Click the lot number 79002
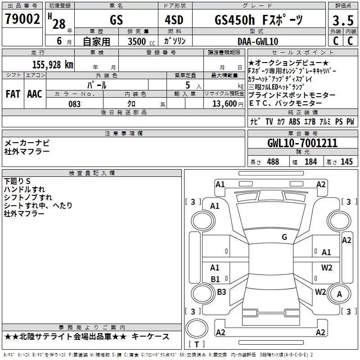[22, 18]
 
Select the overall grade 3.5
[343, 20]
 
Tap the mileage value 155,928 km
[53, 65]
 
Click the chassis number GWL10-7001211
[302, 143]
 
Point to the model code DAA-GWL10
[257, 41]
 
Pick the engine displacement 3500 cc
[141, 41]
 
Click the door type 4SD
[174, 20]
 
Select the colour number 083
[74, 104]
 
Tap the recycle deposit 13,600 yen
[228, 104]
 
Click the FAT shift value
[13, 94]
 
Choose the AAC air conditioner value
[35, 94]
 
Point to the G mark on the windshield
[284, 237]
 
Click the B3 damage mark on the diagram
[221, 292]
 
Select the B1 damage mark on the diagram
[215, 279]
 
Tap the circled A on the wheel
[339, 294]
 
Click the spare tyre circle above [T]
[197, 328]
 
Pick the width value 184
[310, 162]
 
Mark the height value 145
[346, 162]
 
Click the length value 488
[273, 162]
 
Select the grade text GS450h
[234, 20]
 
